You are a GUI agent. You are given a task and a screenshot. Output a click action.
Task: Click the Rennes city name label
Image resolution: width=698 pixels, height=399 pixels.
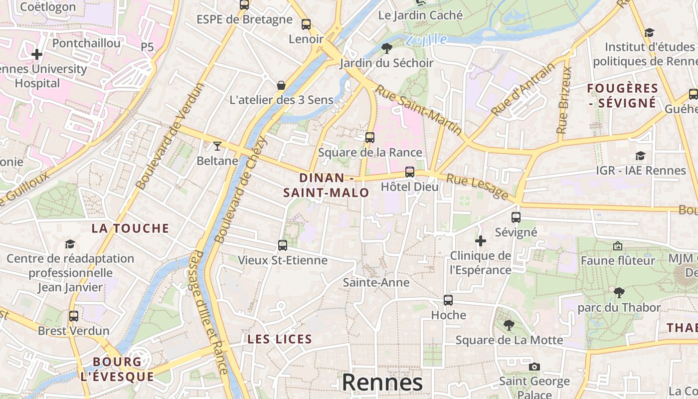point(382,383)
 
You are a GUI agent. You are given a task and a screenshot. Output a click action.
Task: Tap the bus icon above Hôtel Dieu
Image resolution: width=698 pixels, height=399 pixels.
point(409,172)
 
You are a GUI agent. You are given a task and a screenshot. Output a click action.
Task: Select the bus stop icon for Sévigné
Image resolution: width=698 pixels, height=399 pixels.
point(516,217)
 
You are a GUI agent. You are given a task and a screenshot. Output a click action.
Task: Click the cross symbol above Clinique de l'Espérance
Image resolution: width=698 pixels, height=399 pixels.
point(481,241)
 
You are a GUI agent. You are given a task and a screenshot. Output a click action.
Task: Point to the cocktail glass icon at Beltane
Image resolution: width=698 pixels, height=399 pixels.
point(217,146)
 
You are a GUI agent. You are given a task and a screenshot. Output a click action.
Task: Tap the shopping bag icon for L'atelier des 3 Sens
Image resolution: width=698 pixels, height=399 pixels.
point(281,85)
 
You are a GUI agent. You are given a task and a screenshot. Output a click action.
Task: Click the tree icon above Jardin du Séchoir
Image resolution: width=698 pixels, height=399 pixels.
point(386,48)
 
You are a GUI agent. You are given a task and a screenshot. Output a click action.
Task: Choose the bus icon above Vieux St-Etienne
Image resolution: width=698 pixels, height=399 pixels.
point(283,245)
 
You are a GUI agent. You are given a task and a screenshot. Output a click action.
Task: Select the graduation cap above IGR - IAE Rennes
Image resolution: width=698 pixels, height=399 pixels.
point(641,156)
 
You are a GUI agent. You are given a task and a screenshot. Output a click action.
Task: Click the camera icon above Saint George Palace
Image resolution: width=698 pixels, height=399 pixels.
point(534,367)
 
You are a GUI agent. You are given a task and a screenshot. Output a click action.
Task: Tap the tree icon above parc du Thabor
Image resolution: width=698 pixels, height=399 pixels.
point(619,292)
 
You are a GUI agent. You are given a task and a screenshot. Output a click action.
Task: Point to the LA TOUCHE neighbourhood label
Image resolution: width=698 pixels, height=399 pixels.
point(131,228)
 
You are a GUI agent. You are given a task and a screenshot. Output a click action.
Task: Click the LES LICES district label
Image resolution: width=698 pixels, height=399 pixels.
point(280,340)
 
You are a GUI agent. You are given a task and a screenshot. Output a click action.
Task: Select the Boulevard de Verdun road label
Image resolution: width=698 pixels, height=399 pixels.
point(170,136)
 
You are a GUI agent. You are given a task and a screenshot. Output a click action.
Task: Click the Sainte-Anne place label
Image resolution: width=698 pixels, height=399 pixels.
point(376,283)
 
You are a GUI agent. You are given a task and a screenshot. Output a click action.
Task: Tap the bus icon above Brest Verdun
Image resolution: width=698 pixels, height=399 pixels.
point(74,316)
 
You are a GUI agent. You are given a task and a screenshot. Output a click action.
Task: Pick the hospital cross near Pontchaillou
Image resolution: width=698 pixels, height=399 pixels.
point(37,54)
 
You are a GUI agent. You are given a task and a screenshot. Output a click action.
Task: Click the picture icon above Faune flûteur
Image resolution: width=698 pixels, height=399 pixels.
point(618,246)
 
